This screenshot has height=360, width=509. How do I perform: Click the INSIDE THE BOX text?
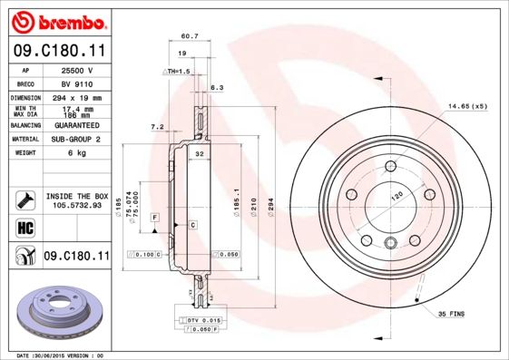77,196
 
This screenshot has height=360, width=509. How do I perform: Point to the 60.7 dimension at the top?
189,36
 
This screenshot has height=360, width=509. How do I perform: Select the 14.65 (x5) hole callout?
466,107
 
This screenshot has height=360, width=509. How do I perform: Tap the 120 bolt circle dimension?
396,195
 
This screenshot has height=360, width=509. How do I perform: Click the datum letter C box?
192,224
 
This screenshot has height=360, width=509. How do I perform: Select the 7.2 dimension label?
156,126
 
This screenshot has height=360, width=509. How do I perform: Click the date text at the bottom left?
61,355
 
